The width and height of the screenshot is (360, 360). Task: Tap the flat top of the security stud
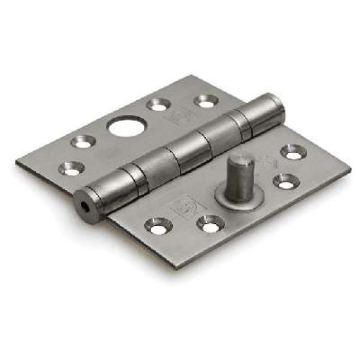[x=242, y=162]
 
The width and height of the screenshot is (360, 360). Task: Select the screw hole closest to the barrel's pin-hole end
[x=71, y=169]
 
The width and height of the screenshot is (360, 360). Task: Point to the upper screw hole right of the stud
[x=293, y=152]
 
